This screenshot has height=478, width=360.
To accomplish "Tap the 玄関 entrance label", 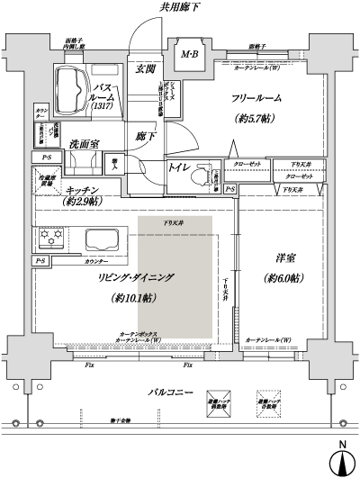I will pos(145,68).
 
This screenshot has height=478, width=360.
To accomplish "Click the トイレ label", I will pos(178,167).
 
